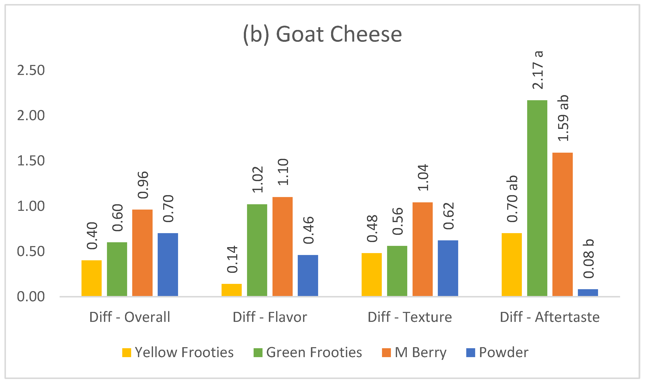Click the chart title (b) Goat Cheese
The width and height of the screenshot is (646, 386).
coord(322,35)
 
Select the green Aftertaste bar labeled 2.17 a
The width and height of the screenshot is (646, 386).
coord(537,198)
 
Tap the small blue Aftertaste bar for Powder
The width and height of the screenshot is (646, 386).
coord(588,293)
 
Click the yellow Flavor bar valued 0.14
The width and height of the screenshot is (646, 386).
coord(232,290)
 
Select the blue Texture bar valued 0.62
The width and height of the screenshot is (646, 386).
coord(448,268)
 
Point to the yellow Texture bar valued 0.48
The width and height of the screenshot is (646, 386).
coord(371,274)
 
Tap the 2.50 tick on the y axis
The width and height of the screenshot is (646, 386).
coord(31,70)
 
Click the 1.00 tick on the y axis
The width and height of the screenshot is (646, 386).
coord(31,206)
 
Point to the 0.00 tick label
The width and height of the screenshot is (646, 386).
coord(31,297)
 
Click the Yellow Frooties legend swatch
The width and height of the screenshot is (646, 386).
coord(127,353)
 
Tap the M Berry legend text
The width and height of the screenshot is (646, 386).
coord(420,353)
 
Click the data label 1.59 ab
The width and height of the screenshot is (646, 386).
coord(563,118)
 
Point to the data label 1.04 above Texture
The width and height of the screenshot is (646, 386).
coord(423,178)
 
